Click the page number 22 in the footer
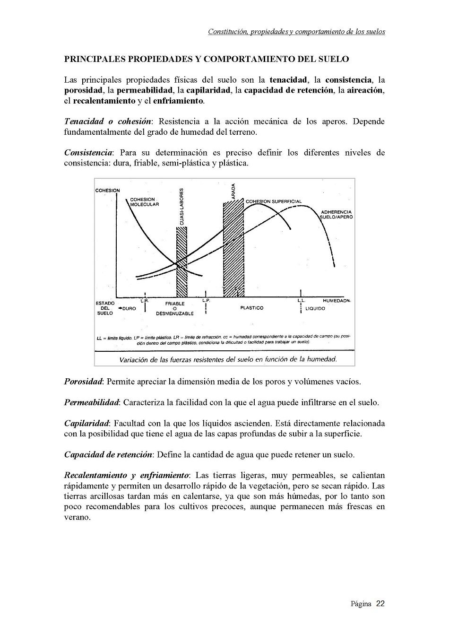click(380, 604)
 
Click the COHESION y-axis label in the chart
click(107, 191)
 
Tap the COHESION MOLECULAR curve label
click(144, 202)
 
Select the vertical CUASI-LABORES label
click(182, 207)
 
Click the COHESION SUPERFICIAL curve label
click(273, 201)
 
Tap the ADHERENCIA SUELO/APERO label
click(336, 215)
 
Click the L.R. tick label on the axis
click(145, 300)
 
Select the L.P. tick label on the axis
click(206, 300)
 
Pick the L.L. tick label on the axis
click(301, 301)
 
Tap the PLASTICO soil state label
click(251, 308)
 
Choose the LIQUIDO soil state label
click(315, 308)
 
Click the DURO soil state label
click(129, 308)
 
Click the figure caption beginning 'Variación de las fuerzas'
click(228, 359)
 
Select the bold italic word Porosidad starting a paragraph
click(83, 382)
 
